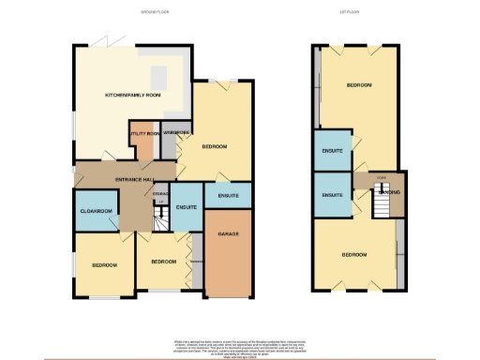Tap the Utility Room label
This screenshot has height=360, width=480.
144,133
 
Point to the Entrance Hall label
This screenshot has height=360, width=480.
135,178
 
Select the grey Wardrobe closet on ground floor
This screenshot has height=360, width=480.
175,133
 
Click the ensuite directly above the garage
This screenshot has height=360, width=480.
228,195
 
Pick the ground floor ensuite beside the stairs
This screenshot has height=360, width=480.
186,208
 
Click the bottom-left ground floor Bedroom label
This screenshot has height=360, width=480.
104,265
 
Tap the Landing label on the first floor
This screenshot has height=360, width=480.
391,192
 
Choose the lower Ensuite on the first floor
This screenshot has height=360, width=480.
332,195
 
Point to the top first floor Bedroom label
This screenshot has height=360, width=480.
358,85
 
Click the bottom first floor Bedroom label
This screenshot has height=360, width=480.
353,255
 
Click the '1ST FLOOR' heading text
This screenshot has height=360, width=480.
355,13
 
